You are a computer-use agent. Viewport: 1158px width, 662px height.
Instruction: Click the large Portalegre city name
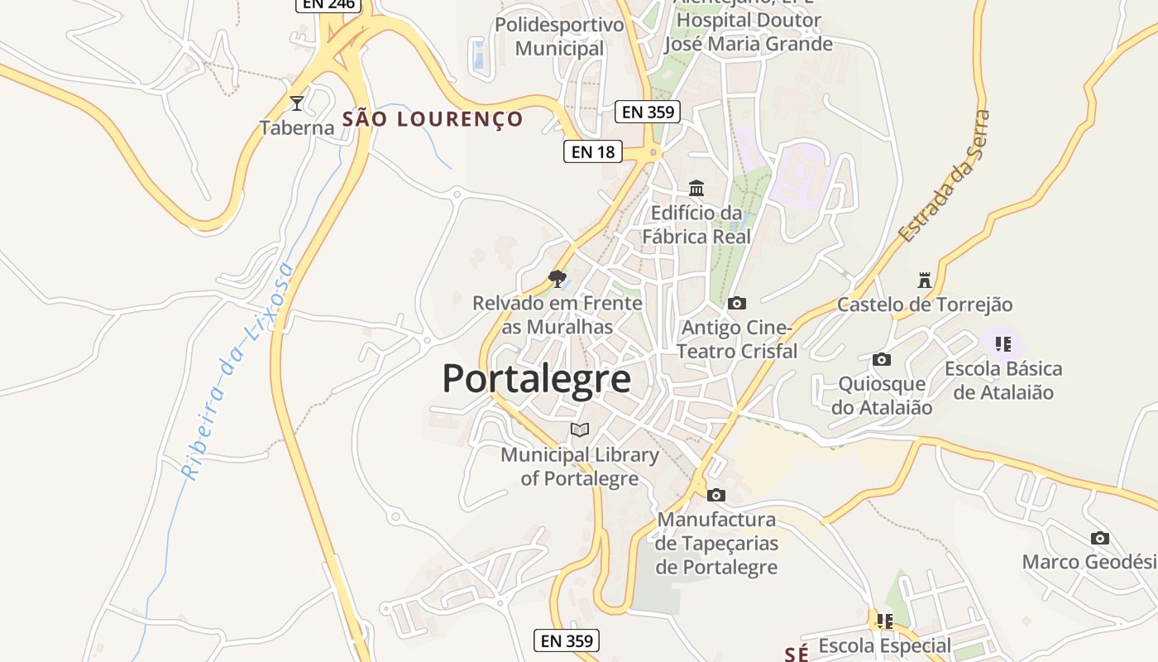[x=536, y=379]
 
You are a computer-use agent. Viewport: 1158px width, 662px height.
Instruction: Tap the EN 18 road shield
[x=593, y=151]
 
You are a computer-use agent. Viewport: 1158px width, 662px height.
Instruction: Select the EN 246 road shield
[x=328, y=4]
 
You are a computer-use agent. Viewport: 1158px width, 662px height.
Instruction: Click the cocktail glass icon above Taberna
[x=297, y=103]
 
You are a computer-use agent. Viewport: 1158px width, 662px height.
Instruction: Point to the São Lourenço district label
[x=433, y=119]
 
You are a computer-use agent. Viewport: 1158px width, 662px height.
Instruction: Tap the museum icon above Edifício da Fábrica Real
[x=696, y=189]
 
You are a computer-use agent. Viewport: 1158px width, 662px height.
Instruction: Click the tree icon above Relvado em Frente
[x=557, y=279]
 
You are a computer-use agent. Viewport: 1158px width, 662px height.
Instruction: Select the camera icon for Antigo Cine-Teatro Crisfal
[x=736, y=304]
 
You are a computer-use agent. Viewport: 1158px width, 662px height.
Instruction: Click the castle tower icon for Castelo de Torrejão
[x=925, y=280]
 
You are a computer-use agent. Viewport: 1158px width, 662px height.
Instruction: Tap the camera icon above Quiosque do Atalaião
[x=882, y=360]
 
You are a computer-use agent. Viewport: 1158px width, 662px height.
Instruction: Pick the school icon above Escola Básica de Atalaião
[x=1003, y=343]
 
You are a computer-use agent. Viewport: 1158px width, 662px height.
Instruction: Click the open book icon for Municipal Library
[x=580, y=429]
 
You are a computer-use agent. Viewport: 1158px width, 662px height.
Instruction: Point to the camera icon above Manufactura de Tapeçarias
[x=716, y=496]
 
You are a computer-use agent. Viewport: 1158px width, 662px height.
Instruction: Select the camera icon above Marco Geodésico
[x=1099, y=539]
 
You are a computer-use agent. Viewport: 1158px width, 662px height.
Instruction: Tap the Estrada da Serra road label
[x=945, y=176]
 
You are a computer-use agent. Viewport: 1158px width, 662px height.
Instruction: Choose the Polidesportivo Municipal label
[x=559, y=36]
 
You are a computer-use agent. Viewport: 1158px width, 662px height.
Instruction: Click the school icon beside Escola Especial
[x=884, y=621]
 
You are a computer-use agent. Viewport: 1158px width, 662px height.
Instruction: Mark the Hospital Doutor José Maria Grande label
[x=748, y=32]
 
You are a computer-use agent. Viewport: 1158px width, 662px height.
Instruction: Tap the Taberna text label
[x=297, y=127]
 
